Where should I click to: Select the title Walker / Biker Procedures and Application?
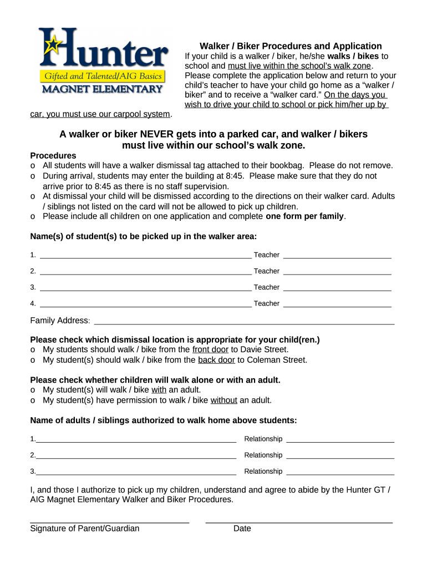[x=291, y=46]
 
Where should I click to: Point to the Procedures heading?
[x=53, y=155]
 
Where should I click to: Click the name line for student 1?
[x=145, y=256]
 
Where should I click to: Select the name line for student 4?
[x=145, y=304]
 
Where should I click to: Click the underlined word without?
[x=224, y=400]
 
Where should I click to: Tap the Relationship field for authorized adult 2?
[x=340, y=456]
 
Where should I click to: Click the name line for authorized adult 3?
[x=136, y=472]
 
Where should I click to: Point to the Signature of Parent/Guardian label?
[x=85, y=528]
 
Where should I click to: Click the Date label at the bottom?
[x=242, y=528]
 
